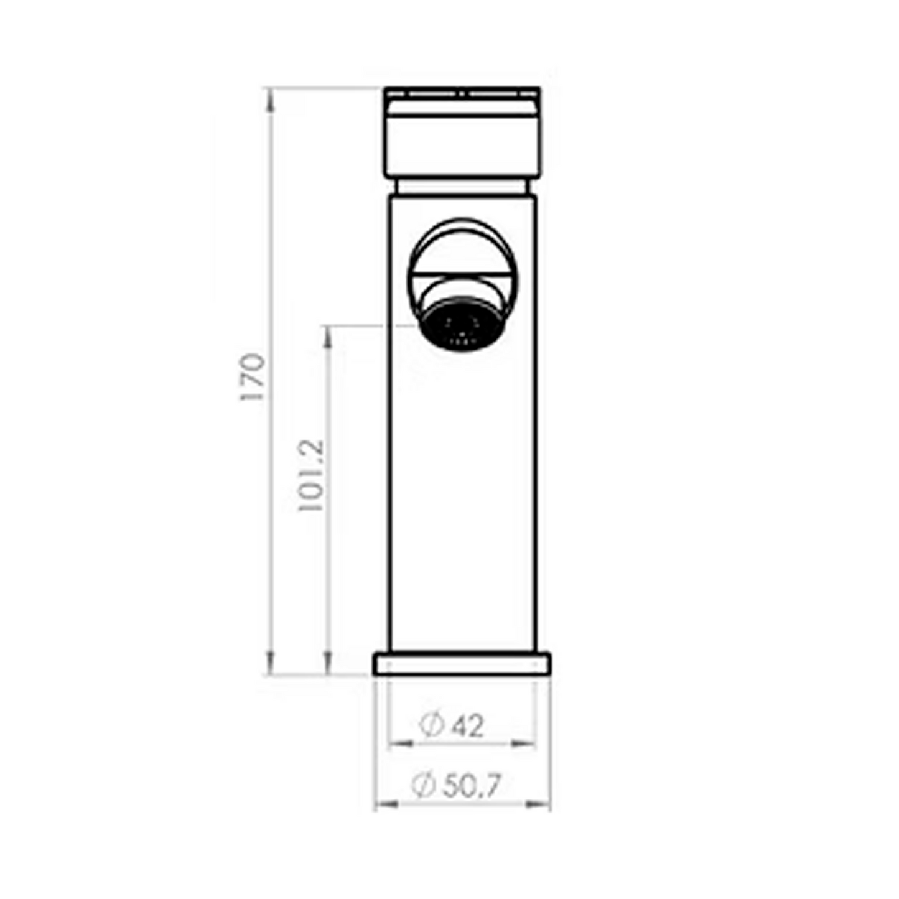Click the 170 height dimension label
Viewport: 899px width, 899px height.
[253, 377]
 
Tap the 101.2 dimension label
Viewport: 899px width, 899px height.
[310, 475]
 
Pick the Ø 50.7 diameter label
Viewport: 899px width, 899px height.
[456, 785]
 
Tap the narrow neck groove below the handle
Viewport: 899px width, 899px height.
[462, 187]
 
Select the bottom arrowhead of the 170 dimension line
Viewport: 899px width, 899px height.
[269, 663]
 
